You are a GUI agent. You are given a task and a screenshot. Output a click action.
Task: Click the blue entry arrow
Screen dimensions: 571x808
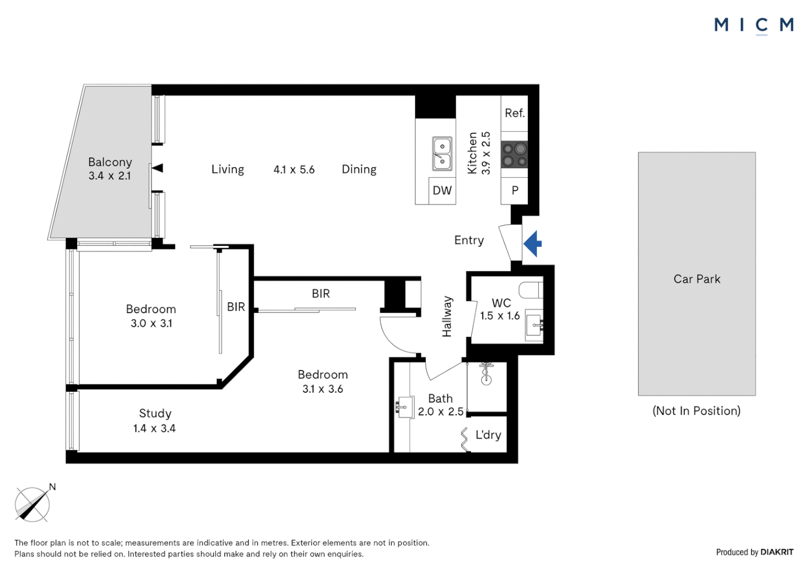point(533,244)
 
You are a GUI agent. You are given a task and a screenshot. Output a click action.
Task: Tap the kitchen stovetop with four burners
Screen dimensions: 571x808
point(514,155)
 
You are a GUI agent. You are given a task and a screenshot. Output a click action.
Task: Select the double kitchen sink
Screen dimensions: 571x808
point(442,154)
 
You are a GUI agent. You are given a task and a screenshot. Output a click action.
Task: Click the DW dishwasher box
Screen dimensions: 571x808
point(442,190)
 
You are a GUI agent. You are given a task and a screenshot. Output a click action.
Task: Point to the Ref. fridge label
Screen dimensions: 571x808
point(515,113)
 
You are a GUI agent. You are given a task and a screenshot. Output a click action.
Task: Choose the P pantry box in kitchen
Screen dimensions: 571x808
point(515,190)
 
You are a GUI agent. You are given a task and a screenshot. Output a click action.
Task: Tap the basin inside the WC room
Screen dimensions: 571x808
point(534,325)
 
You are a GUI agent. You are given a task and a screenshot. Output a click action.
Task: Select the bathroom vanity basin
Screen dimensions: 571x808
point(405,407)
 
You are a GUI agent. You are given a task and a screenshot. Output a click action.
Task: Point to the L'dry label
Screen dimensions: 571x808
point(488,435)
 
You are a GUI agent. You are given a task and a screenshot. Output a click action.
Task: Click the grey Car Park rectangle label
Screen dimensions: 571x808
point(696,279)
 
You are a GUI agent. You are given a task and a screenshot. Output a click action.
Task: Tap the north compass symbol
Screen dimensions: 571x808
point(33,504)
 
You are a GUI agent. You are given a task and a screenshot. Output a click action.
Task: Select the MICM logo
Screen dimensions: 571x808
point(754,25)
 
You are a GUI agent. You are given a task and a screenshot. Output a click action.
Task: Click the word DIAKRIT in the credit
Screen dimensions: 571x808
point(777,552)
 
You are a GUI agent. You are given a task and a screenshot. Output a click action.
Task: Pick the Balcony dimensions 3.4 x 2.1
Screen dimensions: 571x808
point(109,176)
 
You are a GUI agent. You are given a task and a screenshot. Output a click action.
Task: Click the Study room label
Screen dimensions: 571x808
point(155,413)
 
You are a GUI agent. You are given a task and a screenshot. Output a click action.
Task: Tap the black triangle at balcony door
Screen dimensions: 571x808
point(158,168)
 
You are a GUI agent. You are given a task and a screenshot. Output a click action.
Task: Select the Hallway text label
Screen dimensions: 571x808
point(447,316)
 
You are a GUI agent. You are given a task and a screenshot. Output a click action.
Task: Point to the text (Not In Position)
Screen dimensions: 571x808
point(696,411)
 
